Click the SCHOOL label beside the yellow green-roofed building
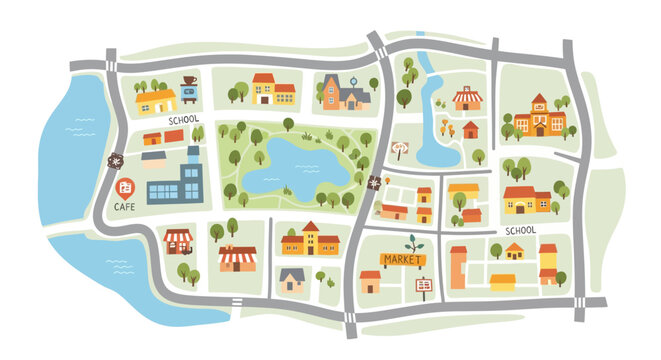pos(184,120)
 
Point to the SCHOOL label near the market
pos(520,230)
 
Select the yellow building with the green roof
pos(156,100)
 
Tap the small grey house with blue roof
pos(292,279)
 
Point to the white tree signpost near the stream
pos(401,150)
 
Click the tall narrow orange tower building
pos(458,266)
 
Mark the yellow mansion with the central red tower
pos(309,240)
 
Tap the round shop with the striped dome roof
pos(466,98)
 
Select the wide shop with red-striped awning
pos(238,258)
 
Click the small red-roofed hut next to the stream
pos(470,129)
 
